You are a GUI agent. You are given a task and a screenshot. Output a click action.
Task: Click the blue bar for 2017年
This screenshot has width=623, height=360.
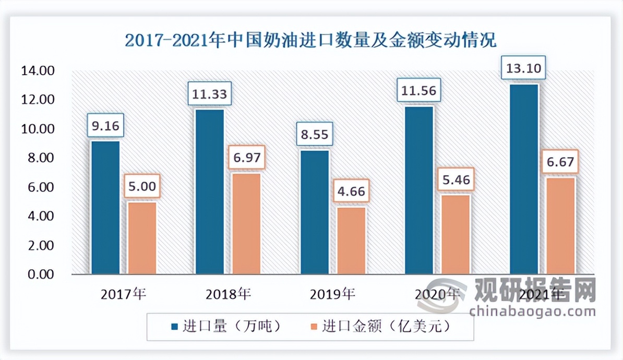point(105,208)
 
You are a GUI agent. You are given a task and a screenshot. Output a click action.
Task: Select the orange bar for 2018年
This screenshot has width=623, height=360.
point(246,223)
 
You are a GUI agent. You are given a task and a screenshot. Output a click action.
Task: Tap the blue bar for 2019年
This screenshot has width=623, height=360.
point(315,212)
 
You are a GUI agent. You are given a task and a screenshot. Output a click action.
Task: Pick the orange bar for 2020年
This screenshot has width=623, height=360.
point(456,234)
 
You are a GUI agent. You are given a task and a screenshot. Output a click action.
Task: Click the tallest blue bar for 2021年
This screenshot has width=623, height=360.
point(524,179)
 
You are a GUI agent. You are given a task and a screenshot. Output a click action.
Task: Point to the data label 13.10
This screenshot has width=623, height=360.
point(523,67)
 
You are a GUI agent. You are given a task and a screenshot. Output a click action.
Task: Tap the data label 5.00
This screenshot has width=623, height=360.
point(142,186)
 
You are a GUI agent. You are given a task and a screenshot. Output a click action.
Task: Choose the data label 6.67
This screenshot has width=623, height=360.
point(560,162)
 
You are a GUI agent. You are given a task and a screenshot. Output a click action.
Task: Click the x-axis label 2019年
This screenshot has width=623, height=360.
point(332,294)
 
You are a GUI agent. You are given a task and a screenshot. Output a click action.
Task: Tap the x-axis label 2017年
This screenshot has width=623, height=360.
point(124,294)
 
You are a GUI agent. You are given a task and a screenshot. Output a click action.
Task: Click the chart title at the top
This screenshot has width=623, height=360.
point(311,40)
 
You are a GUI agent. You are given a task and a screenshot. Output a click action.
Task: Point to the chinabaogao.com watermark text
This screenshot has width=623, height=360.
point(532,312)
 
